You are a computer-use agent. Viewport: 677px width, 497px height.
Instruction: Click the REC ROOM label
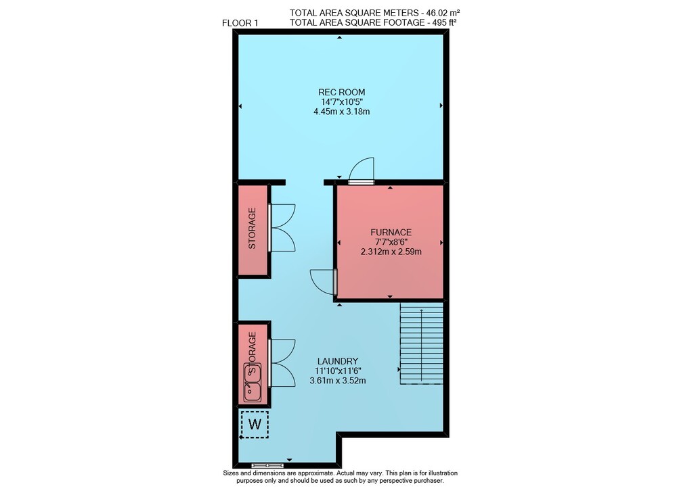(341, 92)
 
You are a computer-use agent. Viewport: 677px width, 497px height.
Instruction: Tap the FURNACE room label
(391, 232)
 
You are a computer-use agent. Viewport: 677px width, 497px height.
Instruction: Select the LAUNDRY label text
(338, 361)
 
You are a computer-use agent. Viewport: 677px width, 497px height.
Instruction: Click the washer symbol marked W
(255, 425)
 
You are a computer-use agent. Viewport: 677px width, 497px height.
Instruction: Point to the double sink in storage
(252, 382)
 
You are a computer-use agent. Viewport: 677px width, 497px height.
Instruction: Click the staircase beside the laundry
(421, 343)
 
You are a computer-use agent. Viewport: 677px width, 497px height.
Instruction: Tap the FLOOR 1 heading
(240, 23)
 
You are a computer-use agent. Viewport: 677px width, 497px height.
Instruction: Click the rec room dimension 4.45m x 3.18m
(341, 112)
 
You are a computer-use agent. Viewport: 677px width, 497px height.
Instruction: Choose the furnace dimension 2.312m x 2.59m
(391, 252)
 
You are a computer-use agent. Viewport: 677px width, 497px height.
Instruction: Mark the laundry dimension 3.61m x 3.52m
(338, 381)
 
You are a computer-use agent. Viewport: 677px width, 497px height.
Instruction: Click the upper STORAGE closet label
(252, 229)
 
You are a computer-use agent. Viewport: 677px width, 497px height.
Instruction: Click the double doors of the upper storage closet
(282, 227)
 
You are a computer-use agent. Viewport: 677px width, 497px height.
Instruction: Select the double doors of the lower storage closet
(282, 363)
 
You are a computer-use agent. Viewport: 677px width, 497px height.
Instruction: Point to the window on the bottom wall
(267, 465)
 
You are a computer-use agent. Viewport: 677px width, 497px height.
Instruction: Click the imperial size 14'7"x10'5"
(341, 102)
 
